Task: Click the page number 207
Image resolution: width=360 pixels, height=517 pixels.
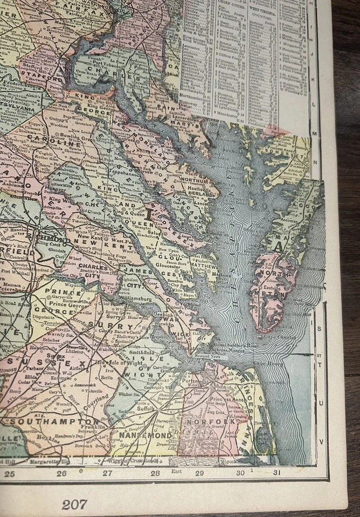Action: pyautogui.click(x=74, y=504)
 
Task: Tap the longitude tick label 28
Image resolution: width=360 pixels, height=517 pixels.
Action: pyautogui.click(x=155, y=473)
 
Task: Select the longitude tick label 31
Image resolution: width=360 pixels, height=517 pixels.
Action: pyautogui.click(x=277, y=473)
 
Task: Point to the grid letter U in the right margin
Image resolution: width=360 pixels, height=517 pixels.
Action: pyautogui.click(x=322, y=402)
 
